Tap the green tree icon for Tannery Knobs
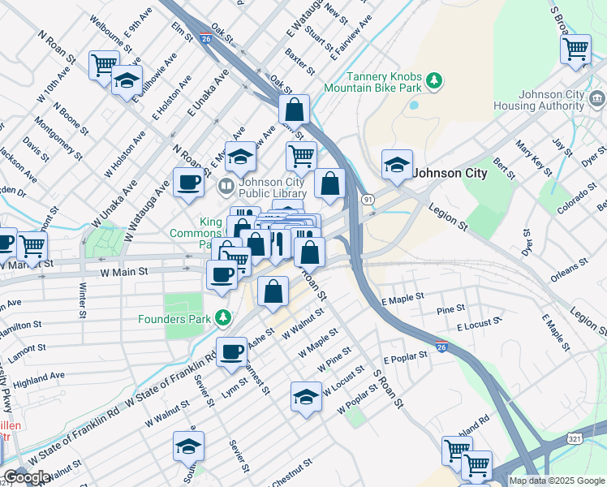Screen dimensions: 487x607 [436, 80]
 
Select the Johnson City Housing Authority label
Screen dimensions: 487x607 [551, 100]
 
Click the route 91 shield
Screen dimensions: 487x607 [368, 199]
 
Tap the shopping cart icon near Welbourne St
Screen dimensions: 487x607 [104, 63]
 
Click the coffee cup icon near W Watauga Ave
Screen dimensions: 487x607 [188, 182]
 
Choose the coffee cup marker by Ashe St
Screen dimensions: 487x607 [231, 351]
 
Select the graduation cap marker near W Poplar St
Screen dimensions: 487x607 [306, 396]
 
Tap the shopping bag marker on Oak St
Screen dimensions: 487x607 [294, 108]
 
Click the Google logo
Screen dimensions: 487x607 [26, 478]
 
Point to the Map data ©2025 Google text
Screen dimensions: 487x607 [557, 481]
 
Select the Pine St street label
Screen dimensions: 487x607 [450, 309]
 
